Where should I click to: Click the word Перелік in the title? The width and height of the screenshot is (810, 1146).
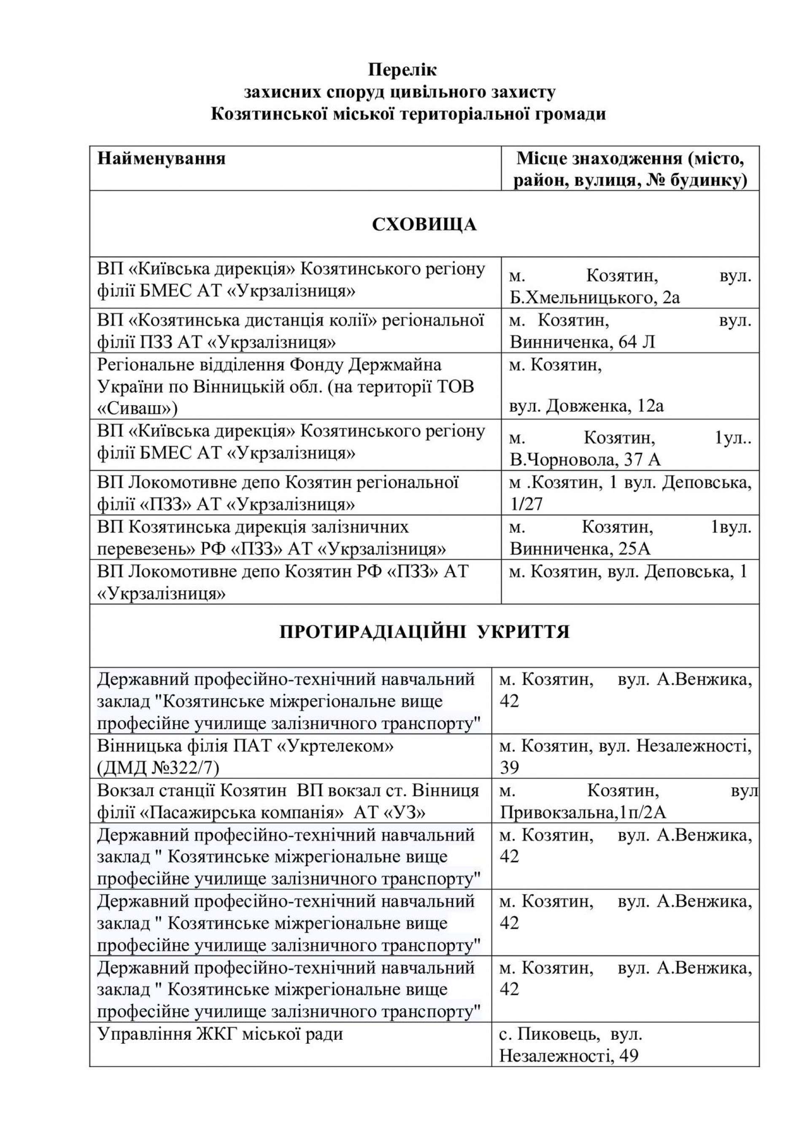402,70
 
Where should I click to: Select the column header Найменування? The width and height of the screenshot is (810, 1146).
161,159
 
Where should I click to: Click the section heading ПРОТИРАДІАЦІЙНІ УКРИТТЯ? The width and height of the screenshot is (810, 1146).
424,632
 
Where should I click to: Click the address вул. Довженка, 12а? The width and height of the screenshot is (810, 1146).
586,406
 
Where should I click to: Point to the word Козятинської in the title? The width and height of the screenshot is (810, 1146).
256,114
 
